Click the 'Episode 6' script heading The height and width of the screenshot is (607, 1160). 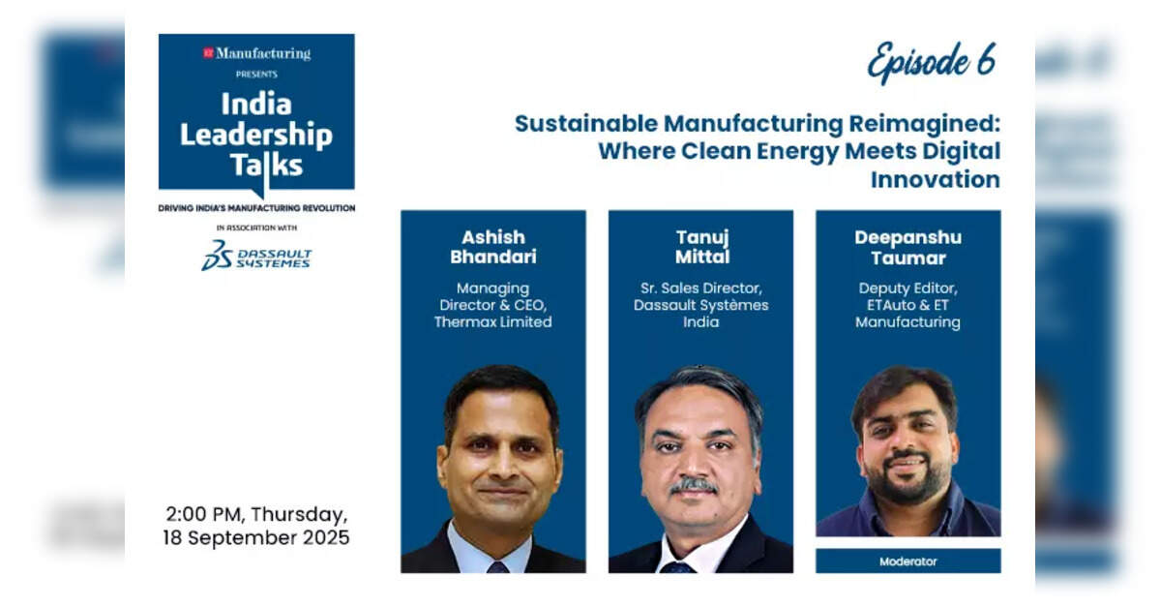(x=932, y=61)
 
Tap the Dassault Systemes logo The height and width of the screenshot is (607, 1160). (x=256, y=256)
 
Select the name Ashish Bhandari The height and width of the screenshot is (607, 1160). (x=493, y=247)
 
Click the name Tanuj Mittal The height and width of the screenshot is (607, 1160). (x=702, y=247)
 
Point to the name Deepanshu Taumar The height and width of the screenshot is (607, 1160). (x=907, y=248)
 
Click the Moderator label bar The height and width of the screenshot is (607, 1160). (x=907, y=561)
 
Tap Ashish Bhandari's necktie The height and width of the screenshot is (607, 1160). (x=498, y=567)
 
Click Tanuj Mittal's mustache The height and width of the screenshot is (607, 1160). (x=693, y=486)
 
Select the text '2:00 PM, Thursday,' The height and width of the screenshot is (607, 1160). (x=256, y=514)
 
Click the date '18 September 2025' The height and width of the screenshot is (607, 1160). (x=256, y=537)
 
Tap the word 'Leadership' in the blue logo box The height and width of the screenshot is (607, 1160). (x=256, y=135)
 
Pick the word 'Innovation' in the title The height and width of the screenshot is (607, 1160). (x=936, y=179)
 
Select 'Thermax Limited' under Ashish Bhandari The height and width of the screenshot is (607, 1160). (x=492, y=322)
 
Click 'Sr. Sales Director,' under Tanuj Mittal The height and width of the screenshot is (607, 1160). (x=701, y=288)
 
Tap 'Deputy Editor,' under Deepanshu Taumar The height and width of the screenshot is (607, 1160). (x=907, y=288)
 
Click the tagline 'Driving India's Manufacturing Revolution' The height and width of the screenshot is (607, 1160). (x=256, y=208)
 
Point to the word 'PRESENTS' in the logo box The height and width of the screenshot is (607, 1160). (x=256, y=74)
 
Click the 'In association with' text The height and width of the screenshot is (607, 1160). (x=256, y=228)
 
